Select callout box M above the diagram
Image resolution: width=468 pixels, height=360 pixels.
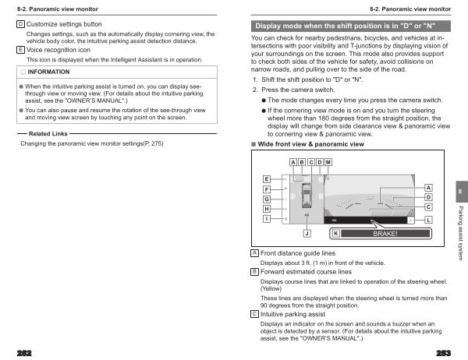tap(328, 161)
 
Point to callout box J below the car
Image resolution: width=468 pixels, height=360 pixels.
tap(307, 233)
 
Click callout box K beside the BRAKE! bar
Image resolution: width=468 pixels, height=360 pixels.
tap(335, 233)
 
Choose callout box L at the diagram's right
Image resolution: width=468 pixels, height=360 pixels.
tap(428, 221)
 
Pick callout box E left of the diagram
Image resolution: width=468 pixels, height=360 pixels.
tap(267, 179)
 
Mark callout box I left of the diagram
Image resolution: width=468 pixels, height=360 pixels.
tap(267, 220)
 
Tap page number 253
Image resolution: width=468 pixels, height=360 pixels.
tap(445, 352)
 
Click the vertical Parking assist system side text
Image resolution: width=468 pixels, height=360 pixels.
tap(460, 230)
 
